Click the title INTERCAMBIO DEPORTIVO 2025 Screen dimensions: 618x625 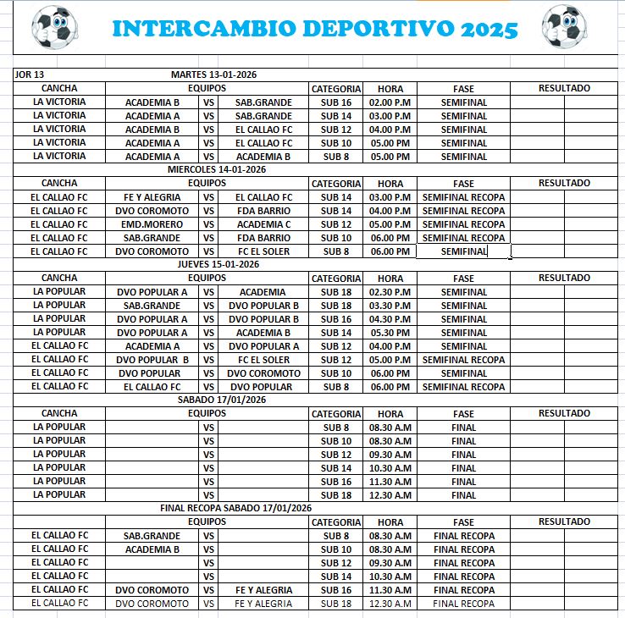[314, 29]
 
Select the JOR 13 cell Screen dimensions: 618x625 [30, 74]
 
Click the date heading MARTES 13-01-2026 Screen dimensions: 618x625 [213, 74]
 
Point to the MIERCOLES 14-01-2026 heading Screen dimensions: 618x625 [213, 169]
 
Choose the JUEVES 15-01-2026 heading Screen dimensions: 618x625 [213, 264]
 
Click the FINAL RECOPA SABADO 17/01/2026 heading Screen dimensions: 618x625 [236, 508]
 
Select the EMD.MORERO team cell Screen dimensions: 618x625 [152, 224]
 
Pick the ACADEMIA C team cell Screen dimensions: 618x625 [263, 224]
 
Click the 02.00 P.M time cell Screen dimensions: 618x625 [390, 102]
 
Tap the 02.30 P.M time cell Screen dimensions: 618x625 [390, 292]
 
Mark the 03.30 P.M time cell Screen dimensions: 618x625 [390, 306]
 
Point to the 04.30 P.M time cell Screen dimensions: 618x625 [390, 319]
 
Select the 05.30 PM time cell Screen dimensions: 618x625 [390, 333]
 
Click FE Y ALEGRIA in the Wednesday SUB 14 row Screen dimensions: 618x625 [152, 197]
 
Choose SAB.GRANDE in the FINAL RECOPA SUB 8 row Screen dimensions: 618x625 [152, 536]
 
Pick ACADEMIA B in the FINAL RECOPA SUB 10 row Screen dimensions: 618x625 [152, 549]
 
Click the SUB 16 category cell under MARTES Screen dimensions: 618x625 [336, 102]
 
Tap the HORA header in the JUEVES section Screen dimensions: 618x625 [390, 278]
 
